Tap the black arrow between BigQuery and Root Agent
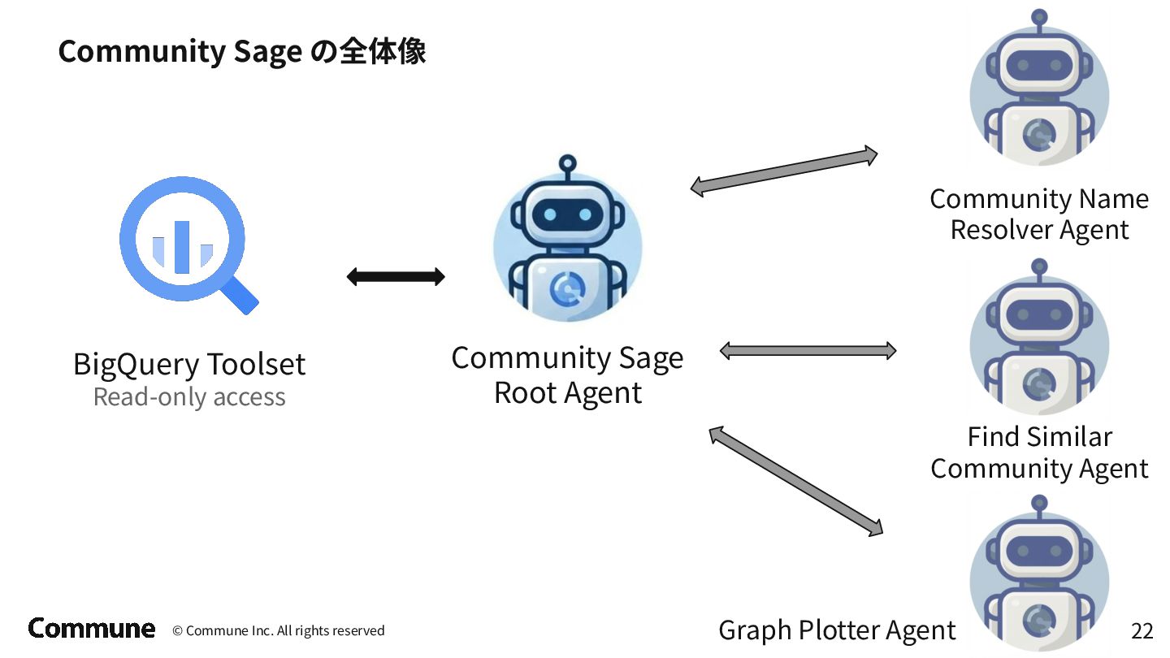396,277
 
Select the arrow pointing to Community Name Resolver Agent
784,171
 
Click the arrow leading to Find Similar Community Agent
808,351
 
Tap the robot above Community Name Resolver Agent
1039,89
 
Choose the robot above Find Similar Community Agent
1039,341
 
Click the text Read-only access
189,397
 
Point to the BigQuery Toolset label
189,364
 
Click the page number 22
1142,631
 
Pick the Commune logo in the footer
91,628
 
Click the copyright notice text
279,631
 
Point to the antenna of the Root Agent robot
567,165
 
